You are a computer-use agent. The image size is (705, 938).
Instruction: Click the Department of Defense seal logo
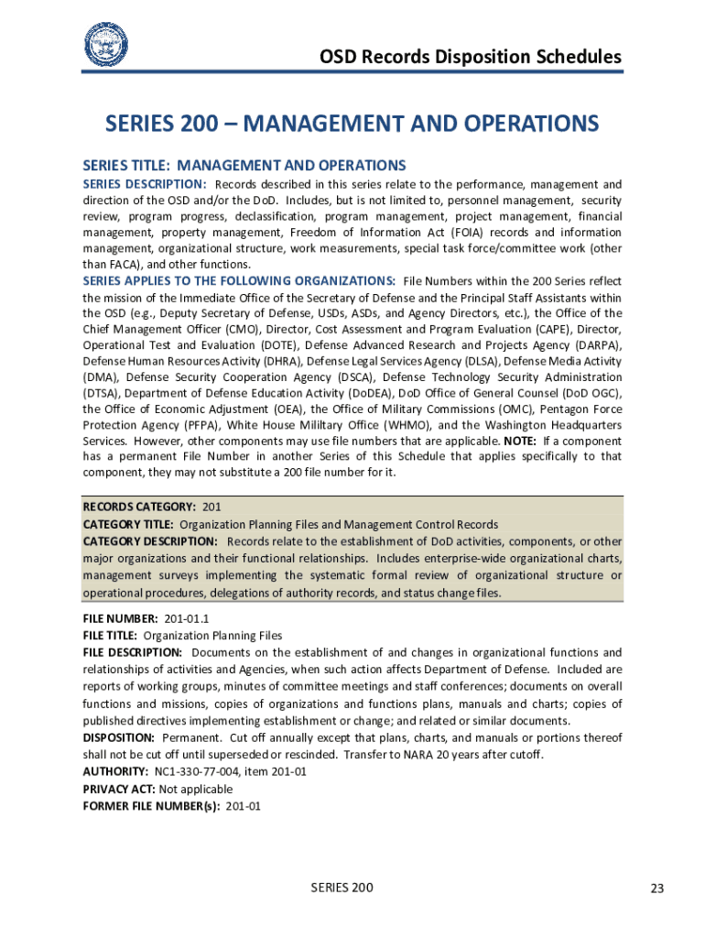[106, 44]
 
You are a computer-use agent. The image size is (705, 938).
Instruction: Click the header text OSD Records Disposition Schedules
[470, 57]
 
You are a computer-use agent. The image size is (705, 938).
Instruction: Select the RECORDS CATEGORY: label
[139, 507]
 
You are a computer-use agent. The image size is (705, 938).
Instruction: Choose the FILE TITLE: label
[110, 635]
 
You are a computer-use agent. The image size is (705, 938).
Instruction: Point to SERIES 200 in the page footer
[342, 888]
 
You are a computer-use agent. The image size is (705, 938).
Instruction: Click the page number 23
[656, 889]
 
